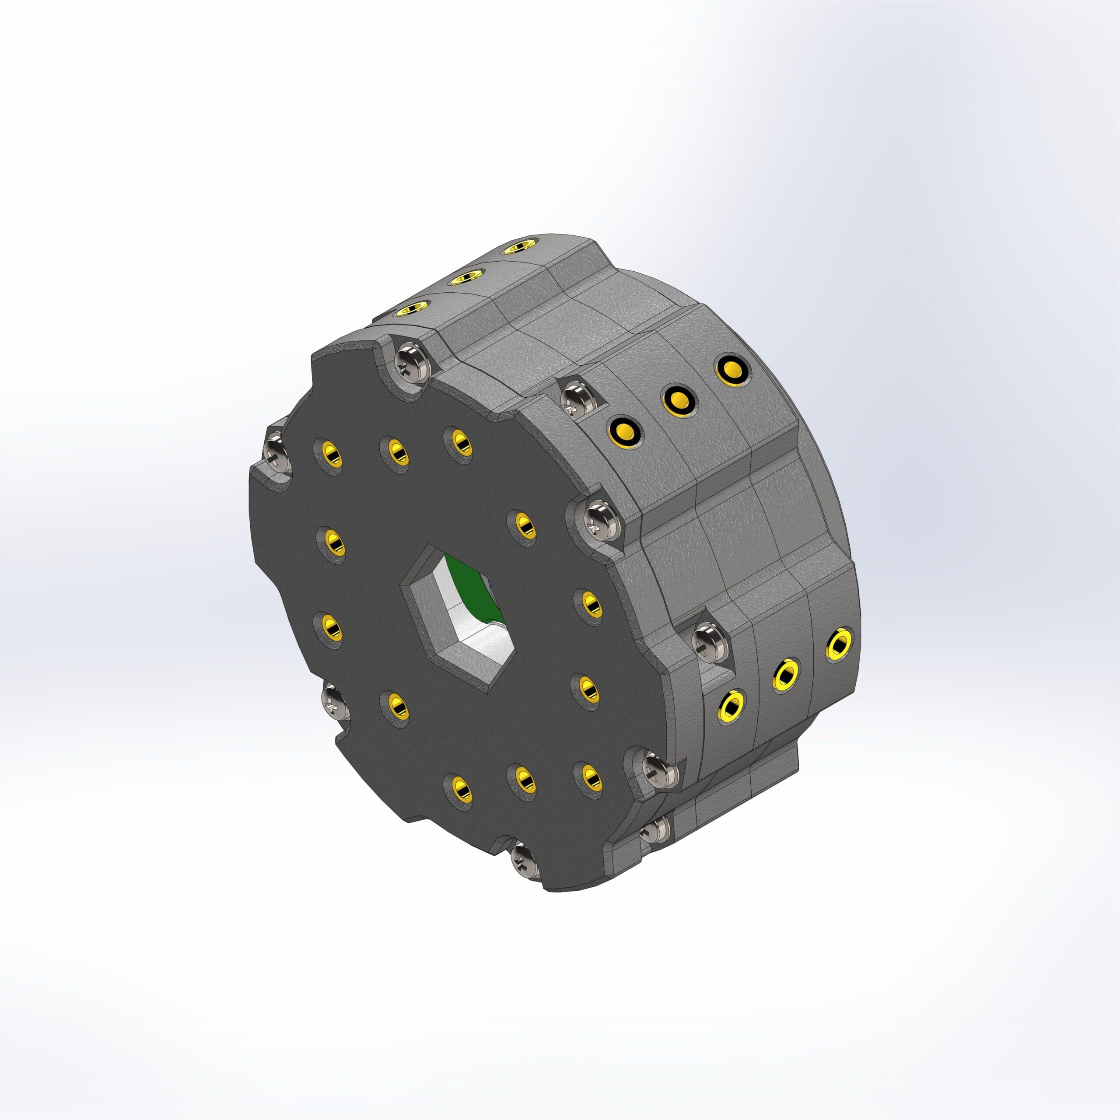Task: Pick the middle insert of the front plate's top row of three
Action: coord(396,451)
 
